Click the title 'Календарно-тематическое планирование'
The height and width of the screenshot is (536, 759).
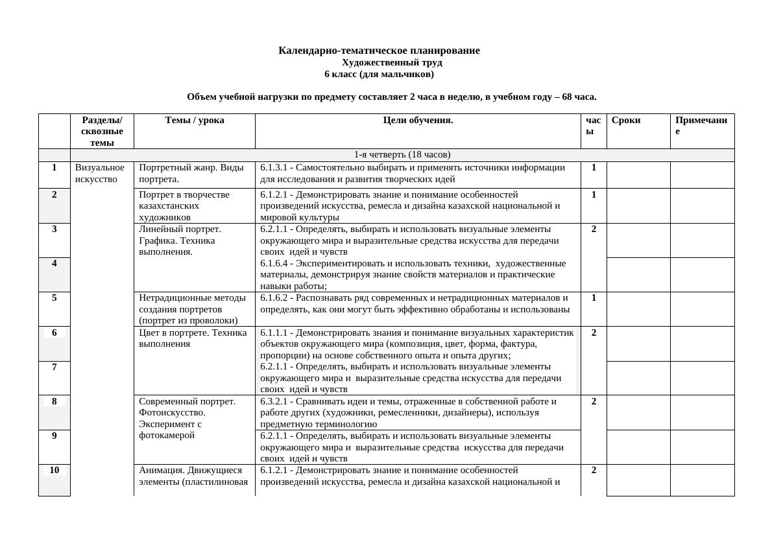[379, 51]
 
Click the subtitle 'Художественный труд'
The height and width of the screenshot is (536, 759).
[392, 63]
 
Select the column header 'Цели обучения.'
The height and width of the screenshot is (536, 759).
[418, 120]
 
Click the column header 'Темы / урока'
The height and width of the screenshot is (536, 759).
[195, 120]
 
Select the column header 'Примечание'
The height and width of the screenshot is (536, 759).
[701, 125]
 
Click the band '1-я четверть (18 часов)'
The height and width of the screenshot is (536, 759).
[402, 155]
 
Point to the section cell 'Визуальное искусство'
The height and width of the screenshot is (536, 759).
[99, 173]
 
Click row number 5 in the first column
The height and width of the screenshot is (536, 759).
[54, 298]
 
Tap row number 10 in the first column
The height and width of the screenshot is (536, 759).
[54, 471]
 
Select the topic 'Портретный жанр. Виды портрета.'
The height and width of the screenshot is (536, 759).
[191, 173]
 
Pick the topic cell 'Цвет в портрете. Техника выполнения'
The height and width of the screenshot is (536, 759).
[193, 338]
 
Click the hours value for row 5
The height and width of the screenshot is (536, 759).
[594, 298]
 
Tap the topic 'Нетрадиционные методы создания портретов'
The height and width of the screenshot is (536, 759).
[192, 304]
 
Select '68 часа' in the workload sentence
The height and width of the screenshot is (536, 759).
[578, 97]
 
